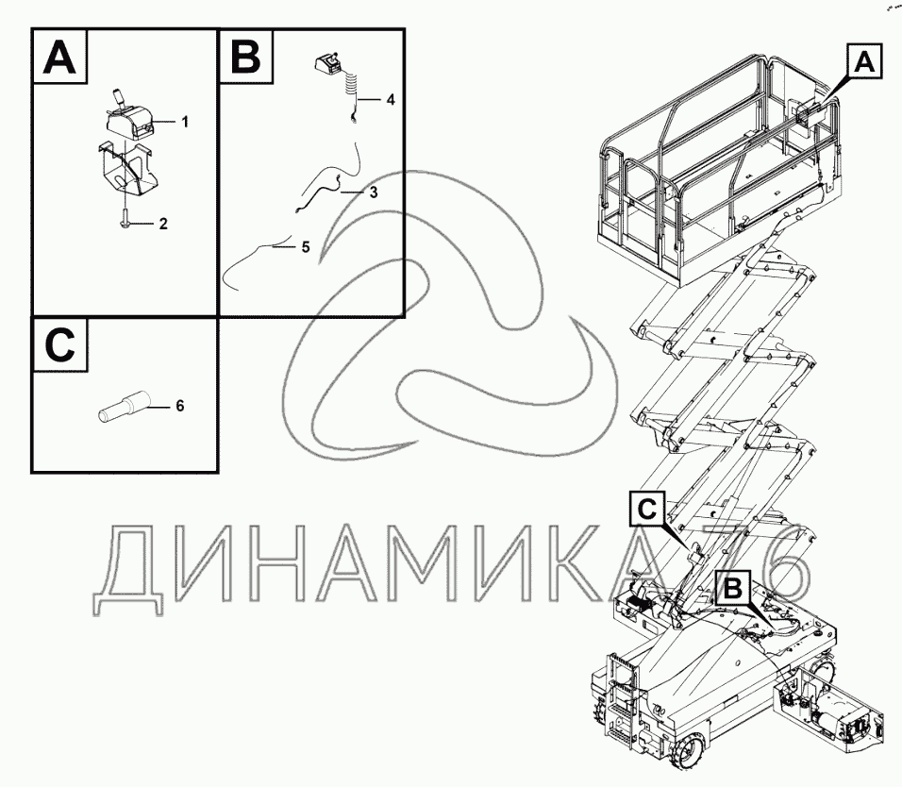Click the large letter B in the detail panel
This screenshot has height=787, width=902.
[244, 57]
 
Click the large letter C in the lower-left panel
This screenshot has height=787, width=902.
[58, 345]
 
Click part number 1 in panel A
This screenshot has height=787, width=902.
[185, 122]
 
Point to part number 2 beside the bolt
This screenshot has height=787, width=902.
[163, 224]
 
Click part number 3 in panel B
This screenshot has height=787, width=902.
[374, 193]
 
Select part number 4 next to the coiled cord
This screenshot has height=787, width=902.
[390, 98]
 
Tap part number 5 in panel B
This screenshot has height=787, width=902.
[305, 247]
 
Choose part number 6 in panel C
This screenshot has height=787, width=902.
[179, 406]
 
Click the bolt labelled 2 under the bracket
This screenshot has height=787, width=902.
[125, 221]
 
